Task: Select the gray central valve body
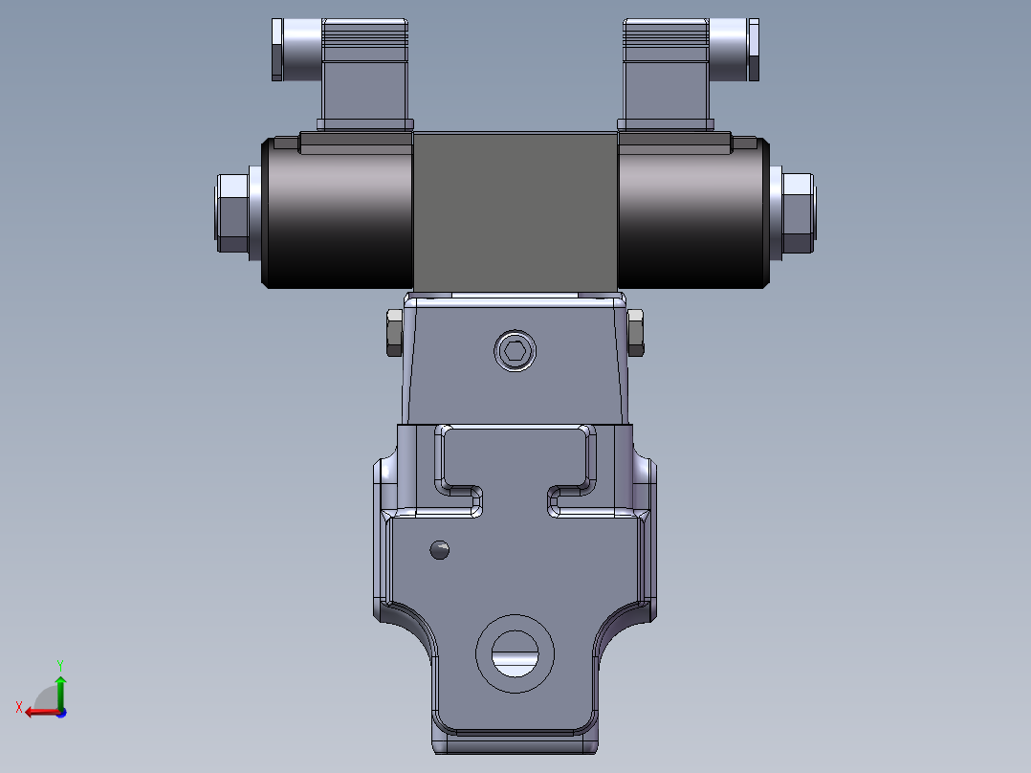(x=515, y=210)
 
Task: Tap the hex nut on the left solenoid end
(x=231, y=211)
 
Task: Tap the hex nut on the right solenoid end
(x=798, y=211)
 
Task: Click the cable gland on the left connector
(x=278, y=49)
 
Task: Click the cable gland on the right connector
(x=753, y=49)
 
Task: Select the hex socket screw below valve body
(x=515, y=351)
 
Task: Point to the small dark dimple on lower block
(x=440, y=549)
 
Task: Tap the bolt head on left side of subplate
(x=393, y=332)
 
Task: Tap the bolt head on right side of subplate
(x=636, y=332)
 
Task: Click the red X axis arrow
(x=36, y=711)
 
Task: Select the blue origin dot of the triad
(x=60, y=712)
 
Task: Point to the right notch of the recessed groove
(x=559, y=500)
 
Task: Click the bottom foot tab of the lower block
(x=515, y=739)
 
